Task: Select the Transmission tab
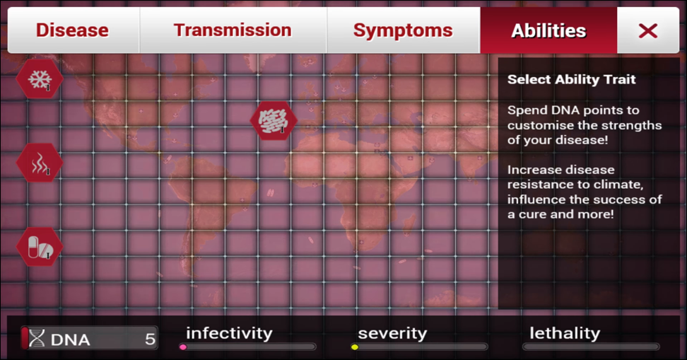tap(233, 30)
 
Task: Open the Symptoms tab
tap(403, 30)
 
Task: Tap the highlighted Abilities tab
tap(548, 30)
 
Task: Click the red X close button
tap(648, 30)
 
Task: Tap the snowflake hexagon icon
tap(40, 79)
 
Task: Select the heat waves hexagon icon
tap(40, 163)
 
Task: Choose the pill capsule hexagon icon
tap(40, 247)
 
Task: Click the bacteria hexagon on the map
tap(274, 120)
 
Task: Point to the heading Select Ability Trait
tap(571, 79)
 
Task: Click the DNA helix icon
tap(37, 339)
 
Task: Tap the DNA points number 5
tap(151, 339)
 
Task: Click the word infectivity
tap(229, 333)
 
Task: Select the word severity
tap(392, 334)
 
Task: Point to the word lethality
tap(565, 333)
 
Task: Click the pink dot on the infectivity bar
tap(183, 347)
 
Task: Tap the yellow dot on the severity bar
tap(355, 347)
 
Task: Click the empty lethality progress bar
tap(591, 347)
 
